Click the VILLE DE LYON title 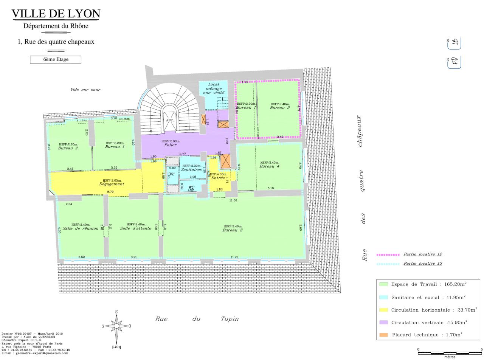pos(56,14)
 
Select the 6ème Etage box pos(56,59)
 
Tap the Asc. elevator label pos(170,120)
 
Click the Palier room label pos(171,145)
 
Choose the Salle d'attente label pos(136,228)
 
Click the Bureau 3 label pos(233,230)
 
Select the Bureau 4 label pos(270,166)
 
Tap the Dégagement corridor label pos(112,184)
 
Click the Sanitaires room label pos(191,169)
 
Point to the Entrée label pos(218,178)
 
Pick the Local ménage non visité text pos(214,88)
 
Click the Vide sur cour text pos(85,90)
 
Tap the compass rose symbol pos(116,326)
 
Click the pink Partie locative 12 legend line pos(388,255)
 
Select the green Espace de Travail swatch pos(383,284)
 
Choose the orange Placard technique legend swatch pos(383,335)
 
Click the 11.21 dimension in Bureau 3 pos(234,258)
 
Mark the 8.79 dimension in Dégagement pos(110,192)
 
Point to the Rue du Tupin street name pos(197,319)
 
